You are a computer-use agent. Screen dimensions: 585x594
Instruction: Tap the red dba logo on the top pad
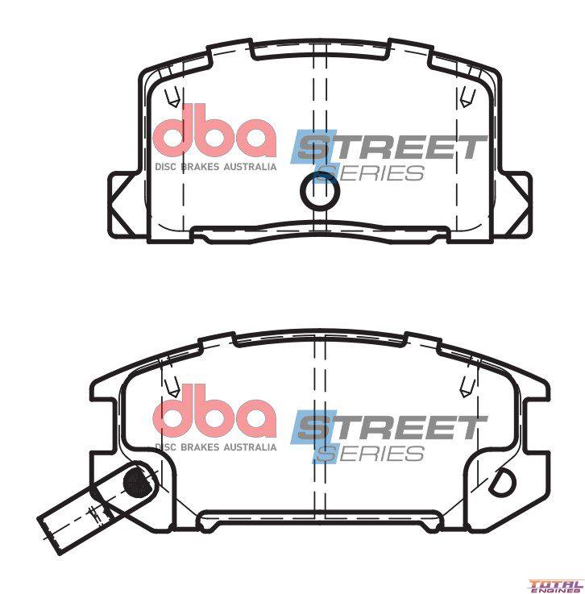point(214,131)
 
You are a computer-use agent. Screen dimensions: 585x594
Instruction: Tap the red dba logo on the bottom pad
point(214,411)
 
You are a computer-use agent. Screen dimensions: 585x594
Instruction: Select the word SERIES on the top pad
point(370,173)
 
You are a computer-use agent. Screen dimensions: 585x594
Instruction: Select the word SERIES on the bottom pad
point(370,454)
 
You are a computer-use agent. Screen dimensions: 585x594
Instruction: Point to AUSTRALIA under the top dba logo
point(250,167)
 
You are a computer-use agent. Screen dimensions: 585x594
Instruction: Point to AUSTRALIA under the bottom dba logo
point(250,447)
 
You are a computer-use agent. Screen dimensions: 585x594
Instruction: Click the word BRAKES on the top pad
point(201,167)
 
